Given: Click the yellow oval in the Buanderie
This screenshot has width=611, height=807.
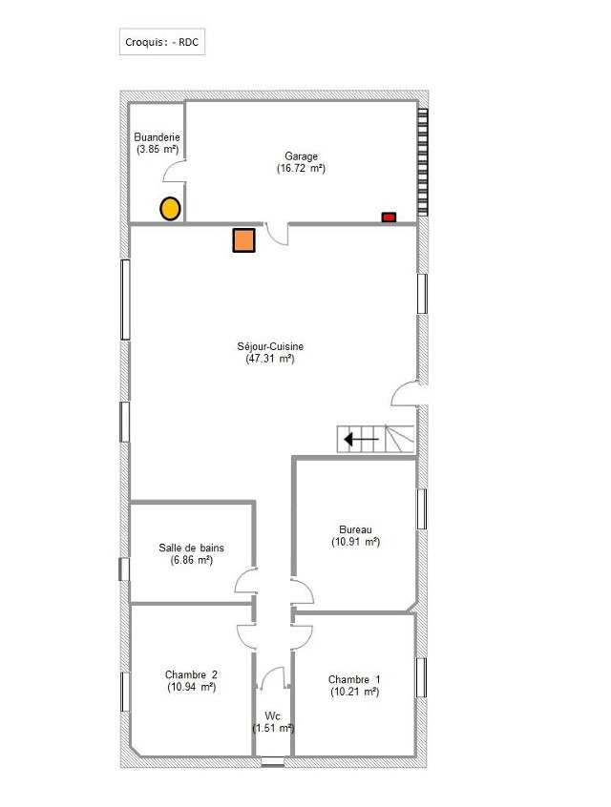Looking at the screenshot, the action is [x=170, y=209].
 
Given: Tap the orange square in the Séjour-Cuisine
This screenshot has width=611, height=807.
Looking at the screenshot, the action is [x=243, y=240].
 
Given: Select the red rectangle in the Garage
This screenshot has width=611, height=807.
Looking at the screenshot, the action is [x=389, y=217].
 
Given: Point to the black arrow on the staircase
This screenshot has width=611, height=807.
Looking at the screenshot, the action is [x=361, y=440].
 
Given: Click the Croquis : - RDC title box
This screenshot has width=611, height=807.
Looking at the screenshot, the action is [x=162, y=42].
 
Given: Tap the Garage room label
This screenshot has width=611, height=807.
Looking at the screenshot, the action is [x=302, y=155].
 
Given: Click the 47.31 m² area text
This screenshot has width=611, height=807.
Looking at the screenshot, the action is [x=270, y=359].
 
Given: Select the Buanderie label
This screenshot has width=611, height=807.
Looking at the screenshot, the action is [x=158, y=137].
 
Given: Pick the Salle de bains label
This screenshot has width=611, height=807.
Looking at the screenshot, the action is [x=191, y=548].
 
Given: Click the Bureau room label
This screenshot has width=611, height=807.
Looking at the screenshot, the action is [x=355, y=529].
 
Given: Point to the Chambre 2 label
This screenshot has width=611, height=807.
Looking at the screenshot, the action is [x=191, y=674].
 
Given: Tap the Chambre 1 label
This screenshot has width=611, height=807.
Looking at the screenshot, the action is [x=354, y=679].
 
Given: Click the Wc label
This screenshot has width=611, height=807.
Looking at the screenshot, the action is [x=272, y=716].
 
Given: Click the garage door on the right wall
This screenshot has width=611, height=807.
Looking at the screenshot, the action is [x=422, y=162].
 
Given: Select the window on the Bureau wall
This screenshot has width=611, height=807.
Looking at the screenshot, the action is [x=421, y=509].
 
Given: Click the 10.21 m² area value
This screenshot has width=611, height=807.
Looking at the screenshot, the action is [x=355, y=692].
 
